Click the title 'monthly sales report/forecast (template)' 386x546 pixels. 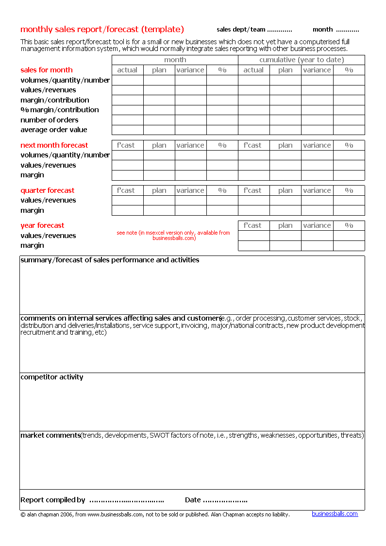click(x=102, y=29)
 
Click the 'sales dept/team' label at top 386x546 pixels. click(x=241, y=30)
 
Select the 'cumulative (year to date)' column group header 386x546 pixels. click(x=301, y=60)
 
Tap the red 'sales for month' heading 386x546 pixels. click(x=47, y=70)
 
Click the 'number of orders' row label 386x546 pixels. click(x=49, y=120)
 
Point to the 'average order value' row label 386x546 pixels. click(x=54, y=130)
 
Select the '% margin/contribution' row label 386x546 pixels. click(x=60, y=110)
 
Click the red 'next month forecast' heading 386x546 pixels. click(x=54, y=145)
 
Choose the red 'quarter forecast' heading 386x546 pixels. click(x=48, y=190)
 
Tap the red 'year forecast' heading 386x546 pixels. click(x=42, y=225)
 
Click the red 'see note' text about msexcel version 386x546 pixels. click(x=173, y=236)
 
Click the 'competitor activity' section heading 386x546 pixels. click(x=52, y=377)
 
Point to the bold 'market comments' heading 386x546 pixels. click(x=50, y=435)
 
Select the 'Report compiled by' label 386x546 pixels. click(x=53, y=500)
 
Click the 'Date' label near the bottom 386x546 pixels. click(x=193, y=500)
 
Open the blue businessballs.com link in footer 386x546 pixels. click(x=335, y=514)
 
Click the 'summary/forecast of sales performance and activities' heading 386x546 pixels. click(x=110, y=260)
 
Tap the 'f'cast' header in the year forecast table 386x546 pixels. click(x=252, y=225)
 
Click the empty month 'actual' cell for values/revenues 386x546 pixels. click(x=127, y=90)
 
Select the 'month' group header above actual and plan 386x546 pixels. click(x=175, y=60)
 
